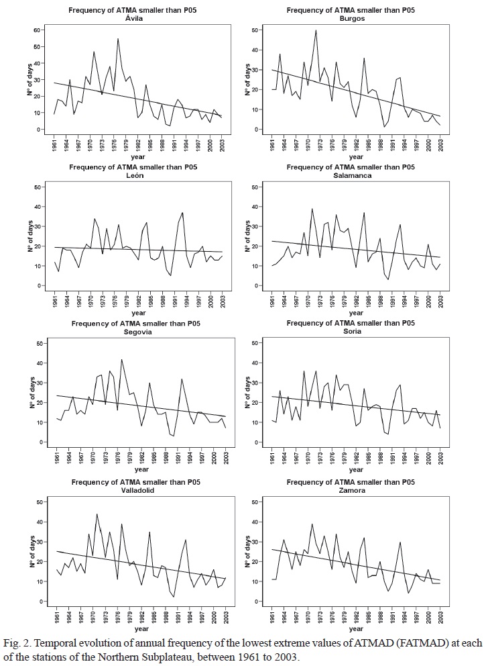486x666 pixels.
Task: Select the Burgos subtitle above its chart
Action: [x=351, y=19]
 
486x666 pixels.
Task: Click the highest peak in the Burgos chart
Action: [x=316, y=30]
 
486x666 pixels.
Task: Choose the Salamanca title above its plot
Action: [x=351, y=175]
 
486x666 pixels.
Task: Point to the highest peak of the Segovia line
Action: [x=121, y=359]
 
